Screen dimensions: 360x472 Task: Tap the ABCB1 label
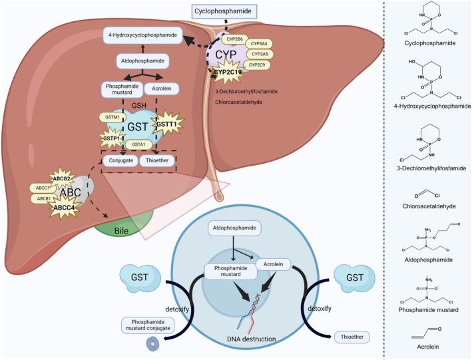tap(43, 198)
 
